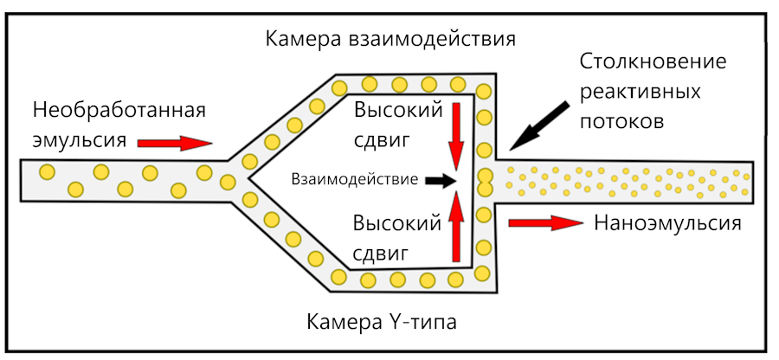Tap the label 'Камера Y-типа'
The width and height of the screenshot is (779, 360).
click(381, 323)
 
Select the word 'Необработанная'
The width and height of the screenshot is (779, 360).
click(119, 110)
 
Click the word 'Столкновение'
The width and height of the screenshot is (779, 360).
click(652, 63)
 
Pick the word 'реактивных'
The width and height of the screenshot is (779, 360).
click(640, 92)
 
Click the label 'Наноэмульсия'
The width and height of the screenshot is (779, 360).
click(668, 222)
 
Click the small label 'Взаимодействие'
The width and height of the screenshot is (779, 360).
click(355, 180)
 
